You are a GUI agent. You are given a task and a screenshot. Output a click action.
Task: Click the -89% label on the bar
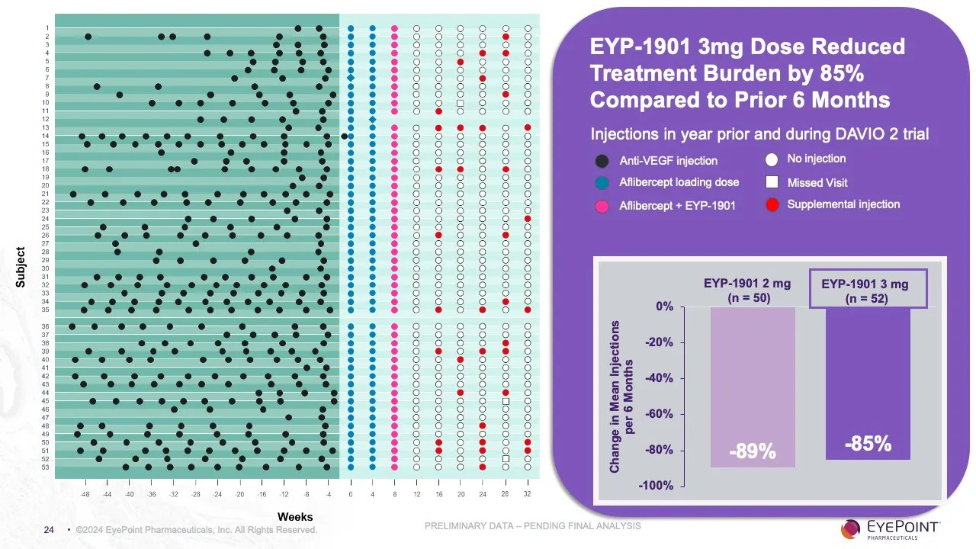click(x=752, y=451)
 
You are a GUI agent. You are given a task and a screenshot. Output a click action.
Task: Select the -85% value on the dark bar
click(x=868, y=443)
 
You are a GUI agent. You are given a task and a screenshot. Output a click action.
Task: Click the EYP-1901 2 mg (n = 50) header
click(x=746, y=290)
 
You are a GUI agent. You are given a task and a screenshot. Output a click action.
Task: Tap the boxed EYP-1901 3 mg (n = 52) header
click(x=867, y=291)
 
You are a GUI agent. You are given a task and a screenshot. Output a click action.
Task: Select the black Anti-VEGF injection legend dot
click(x=602, y=161)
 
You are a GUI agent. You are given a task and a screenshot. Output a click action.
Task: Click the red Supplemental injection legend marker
click(x=772, y=205)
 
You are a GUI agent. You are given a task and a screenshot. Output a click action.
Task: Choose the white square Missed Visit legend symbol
click(x=772, y=183)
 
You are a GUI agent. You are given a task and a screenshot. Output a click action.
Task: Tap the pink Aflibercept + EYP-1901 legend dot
click(x=602, y=206)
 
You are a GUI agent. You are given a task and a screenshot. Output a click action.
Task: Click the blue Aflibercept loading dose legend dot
click(x=602, y=183)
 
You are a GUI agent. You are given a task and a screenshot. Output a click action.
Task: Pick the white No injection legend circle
click(x=772, y=159)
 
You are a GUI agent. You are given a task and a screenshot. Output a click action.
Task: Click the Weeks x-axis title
click(x=295, y=517)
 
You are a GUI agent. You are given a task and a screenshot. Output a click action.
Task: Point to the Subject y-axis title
click(x=21, y=267)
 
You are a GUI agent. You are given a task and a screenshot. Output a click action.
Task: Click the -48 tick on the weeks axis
click(x=85, y=495)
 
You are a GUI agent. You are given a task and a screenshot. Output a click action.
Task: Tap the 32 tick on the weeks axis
click(x=527, y=495)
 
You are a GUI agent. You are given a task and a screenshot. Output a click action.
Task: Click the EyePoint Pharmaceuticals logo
click(x=891, y=528)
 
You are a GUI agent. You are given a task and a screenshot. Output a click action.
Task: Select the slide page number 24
click(x=49, y=530)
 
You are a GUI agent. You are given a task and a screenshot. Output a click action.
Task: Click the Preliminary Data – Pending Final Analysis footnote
click(x=532, y=526)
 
